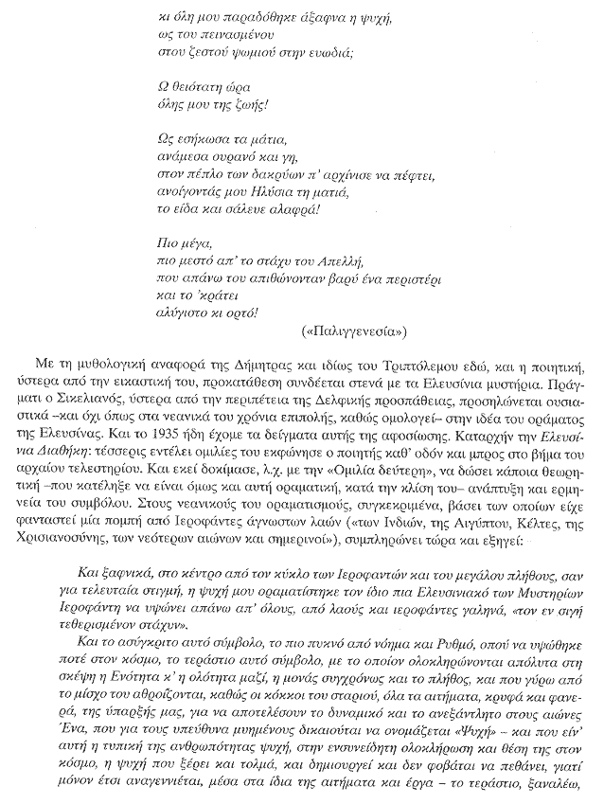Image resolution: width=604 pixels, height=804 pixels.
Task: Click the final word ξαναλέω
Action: coord(560,785)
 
